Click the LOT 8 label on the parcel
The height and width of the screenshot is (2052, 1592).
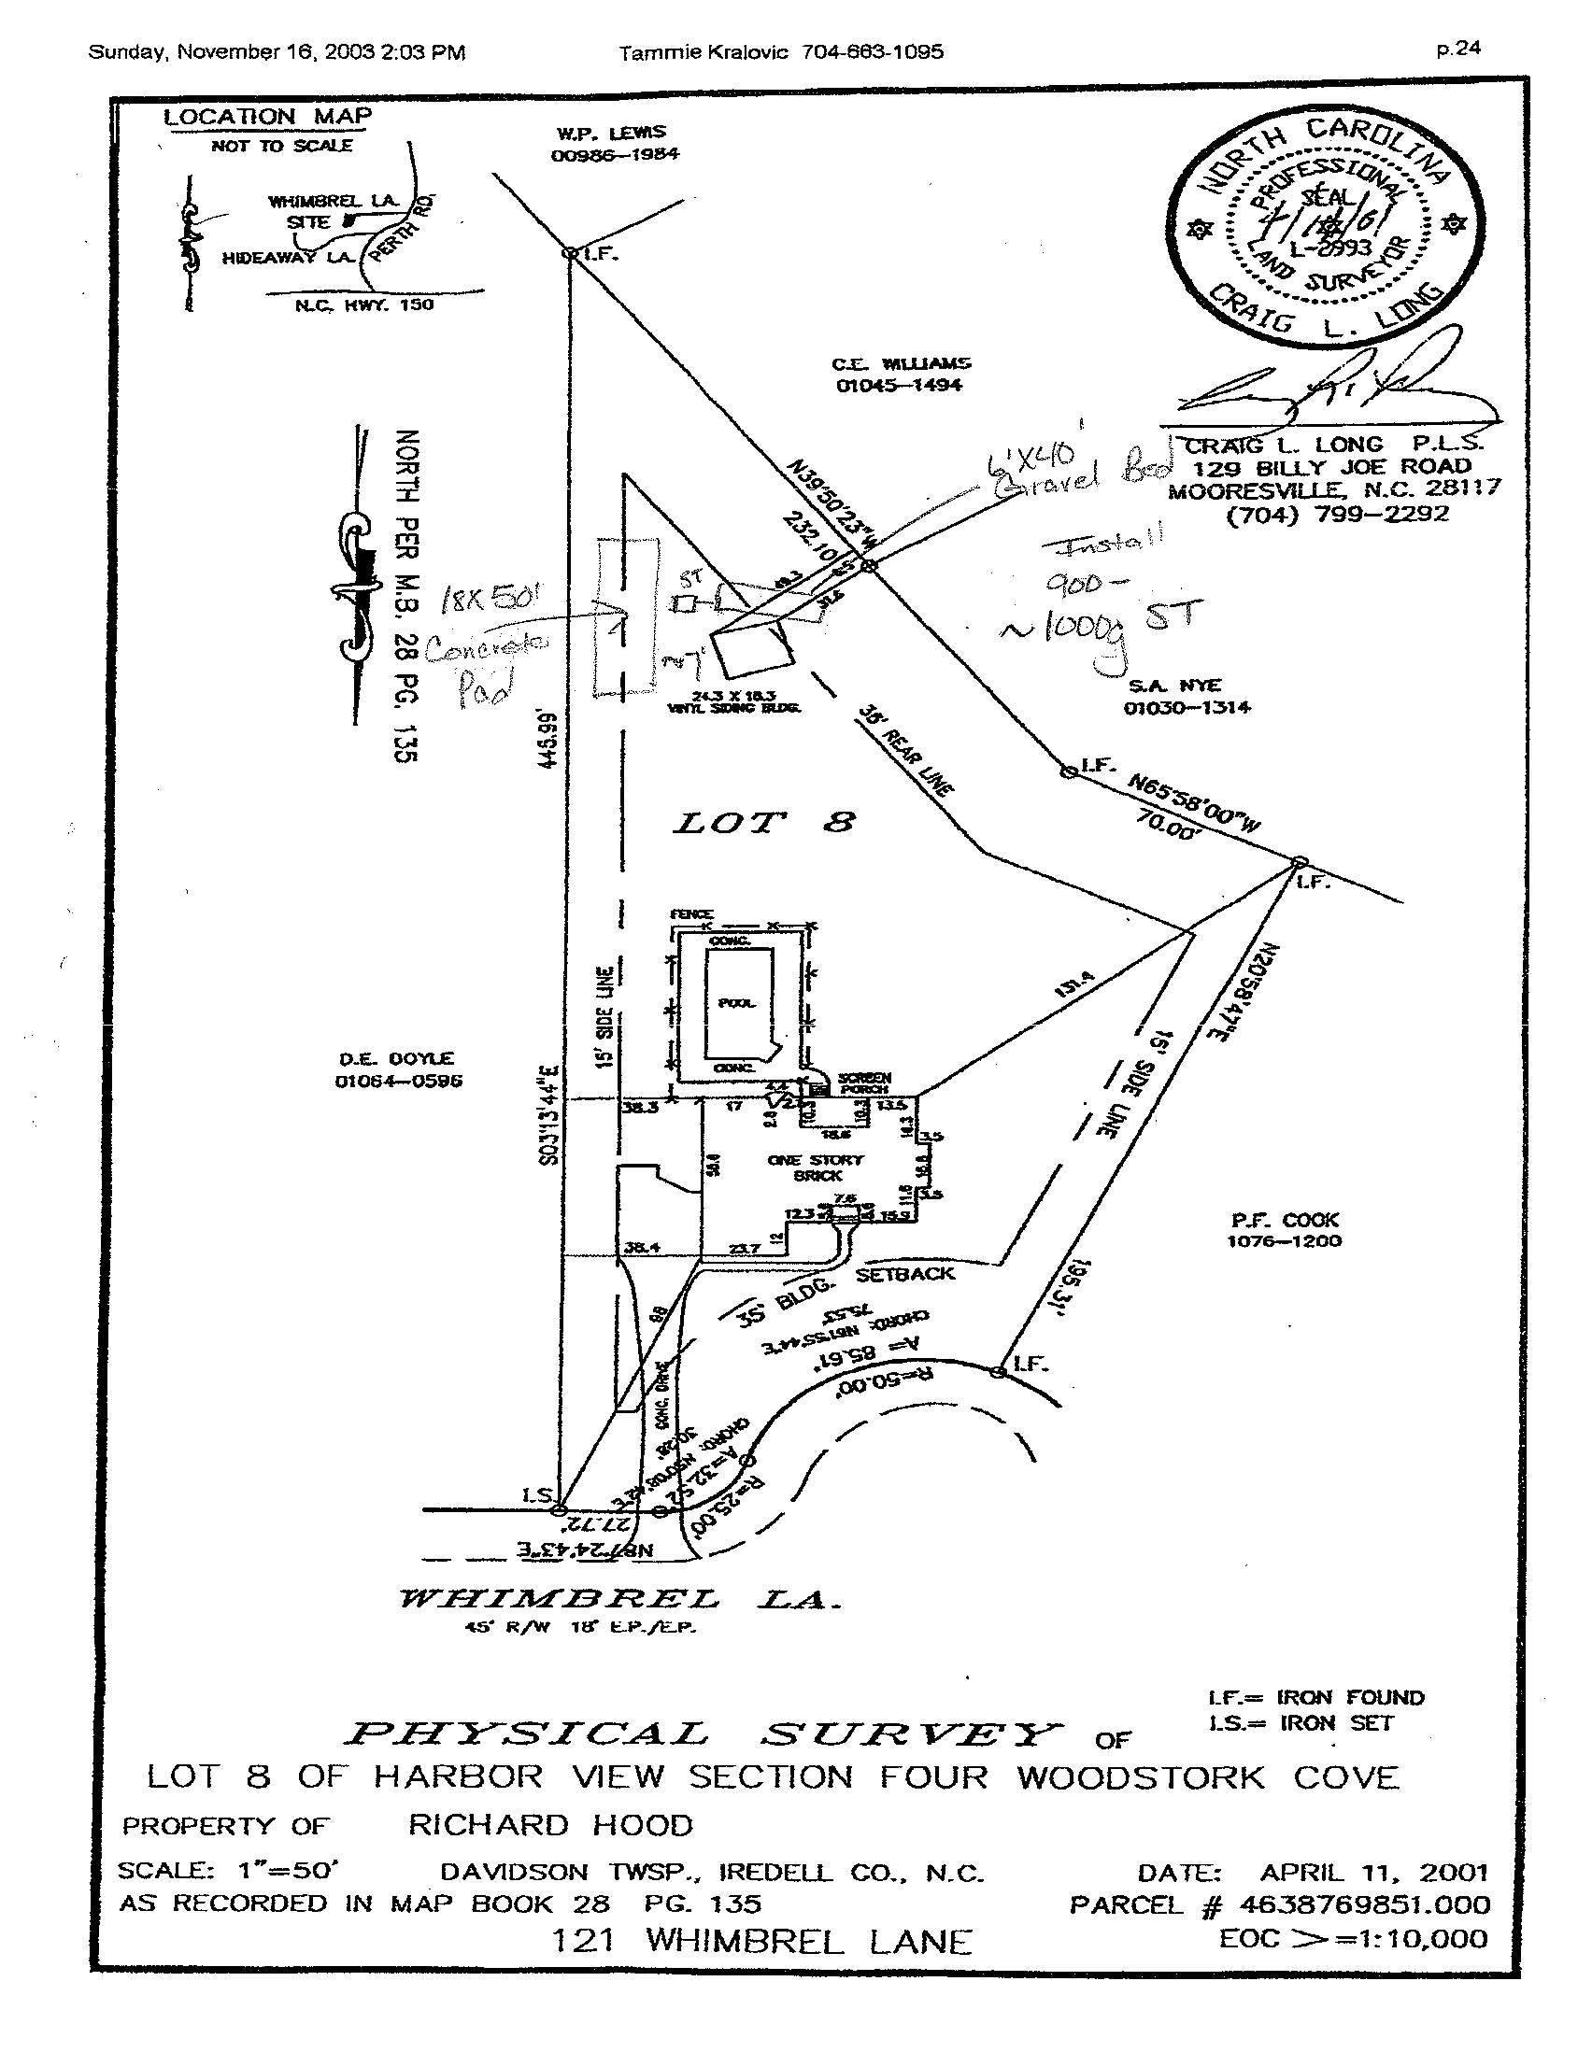(x=763, y=823)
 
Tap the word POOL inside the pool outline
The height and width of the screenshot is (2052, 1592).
(x=736, y=1002)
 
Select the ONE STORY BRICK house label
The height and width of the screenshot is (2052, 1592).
(x=816, y=1167)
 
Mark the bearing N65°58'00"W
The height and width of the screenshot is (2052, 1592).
(x=1193, y=803)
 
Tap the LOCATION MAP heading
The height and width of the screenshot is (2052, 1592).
(x=268, y=118)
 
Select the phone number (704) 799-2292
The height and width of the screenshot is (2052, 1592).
(x=1337, y=514)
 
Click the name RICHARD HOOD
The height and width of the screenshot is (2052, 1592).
(x=549, y=1825)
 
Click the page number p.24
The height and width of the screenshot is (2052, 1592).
(x=1458, y=49)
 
